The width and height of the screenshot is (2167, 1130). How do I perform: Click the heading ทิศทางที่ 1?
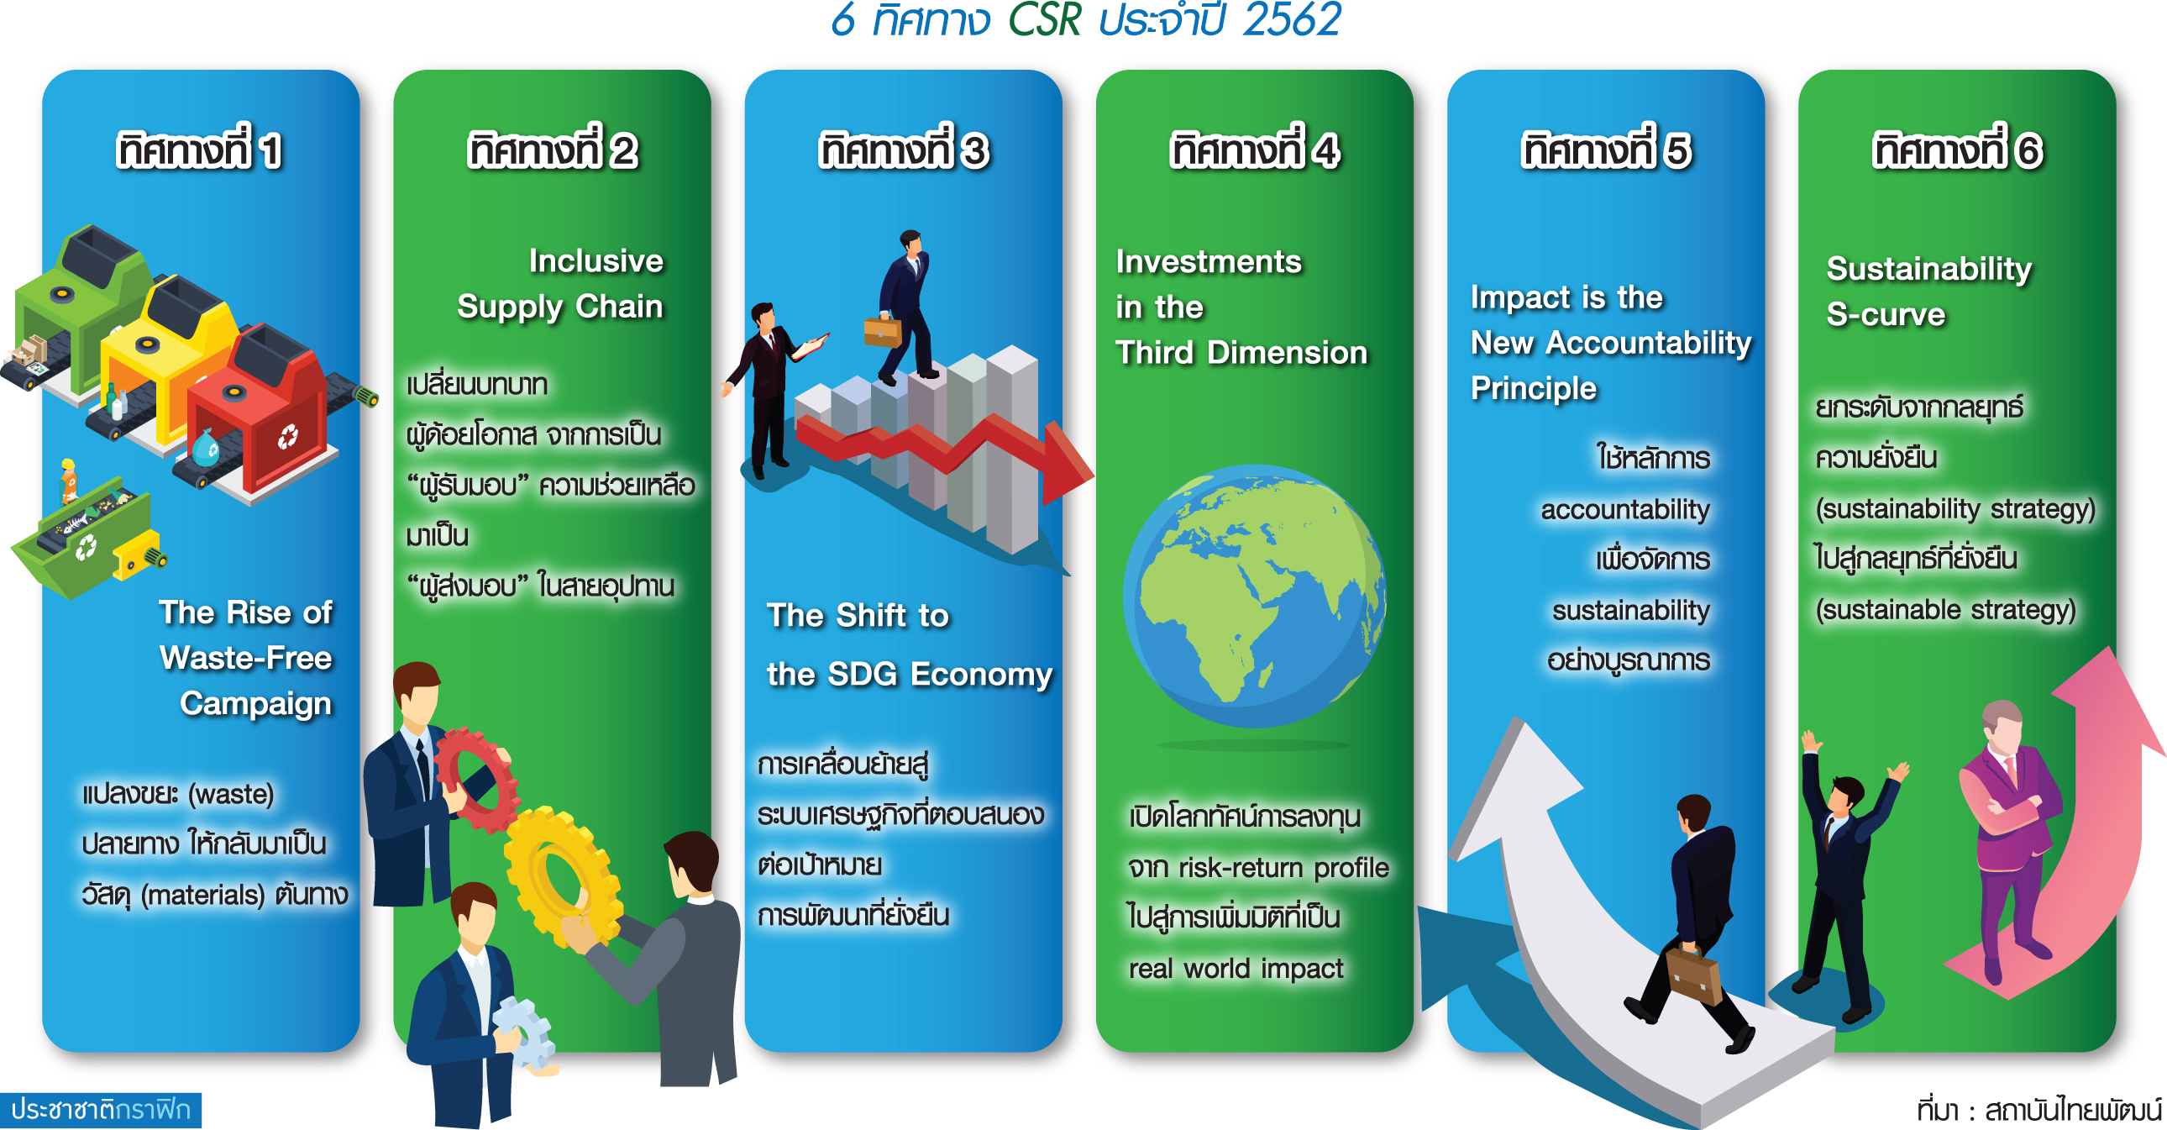(199, 150)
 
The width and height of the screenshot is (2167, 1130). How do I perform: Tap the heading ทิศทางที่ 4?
(1254, 150)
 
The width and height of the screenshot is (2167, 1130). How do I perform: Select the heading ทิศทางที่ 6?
(1957, 150)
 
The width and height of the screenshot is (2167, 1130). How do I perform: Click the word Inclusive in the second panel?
(596, 260)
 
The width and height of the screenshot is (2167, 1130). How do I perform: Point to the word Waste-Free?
(245, 658)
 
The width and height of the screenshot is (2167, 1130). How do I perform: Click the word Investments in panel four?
(1208, 261)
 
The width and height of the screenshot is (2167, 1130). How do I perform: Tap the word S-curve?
(1885, 315)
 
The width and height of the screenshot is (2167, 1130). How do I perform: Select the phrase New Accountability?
(1611, 344)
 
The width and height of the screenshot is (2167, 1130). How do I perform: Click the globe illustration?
(1253, 596)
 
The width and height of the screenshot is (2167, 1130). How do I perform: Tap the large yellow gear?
(563, 876)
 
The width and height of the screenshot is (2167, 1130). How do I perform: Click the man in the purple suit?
(2011, 837)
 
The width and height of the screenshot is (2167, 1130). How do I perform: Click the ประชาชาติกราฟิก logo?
(101, 1110)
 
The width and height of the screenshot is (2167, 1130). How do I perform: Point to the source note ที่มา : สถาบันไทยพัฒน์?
(2039, 1110)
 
